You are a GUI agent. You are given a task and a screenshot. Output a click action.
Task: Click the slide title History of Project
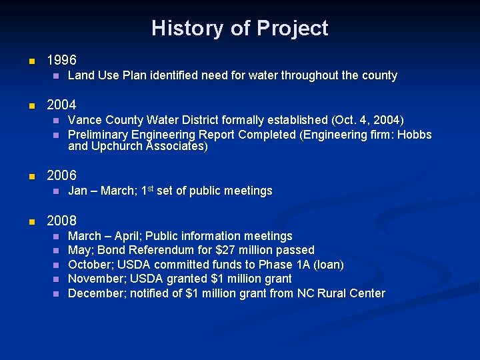click(239, 29)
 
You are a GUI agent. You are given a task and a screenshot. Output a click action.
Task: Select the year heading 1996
click(61, 61)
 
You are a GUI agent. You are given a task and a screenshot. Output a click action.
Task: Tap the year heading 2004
click(61, 105)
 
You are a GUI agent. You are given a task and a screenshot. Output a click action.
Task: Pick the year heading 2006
click(61, 176)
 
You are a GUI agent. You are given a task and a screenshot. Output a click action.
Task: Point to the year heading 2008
click(61, 221)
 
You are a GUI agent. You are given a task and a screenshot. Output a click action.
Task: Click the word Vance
click(84, 121)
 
